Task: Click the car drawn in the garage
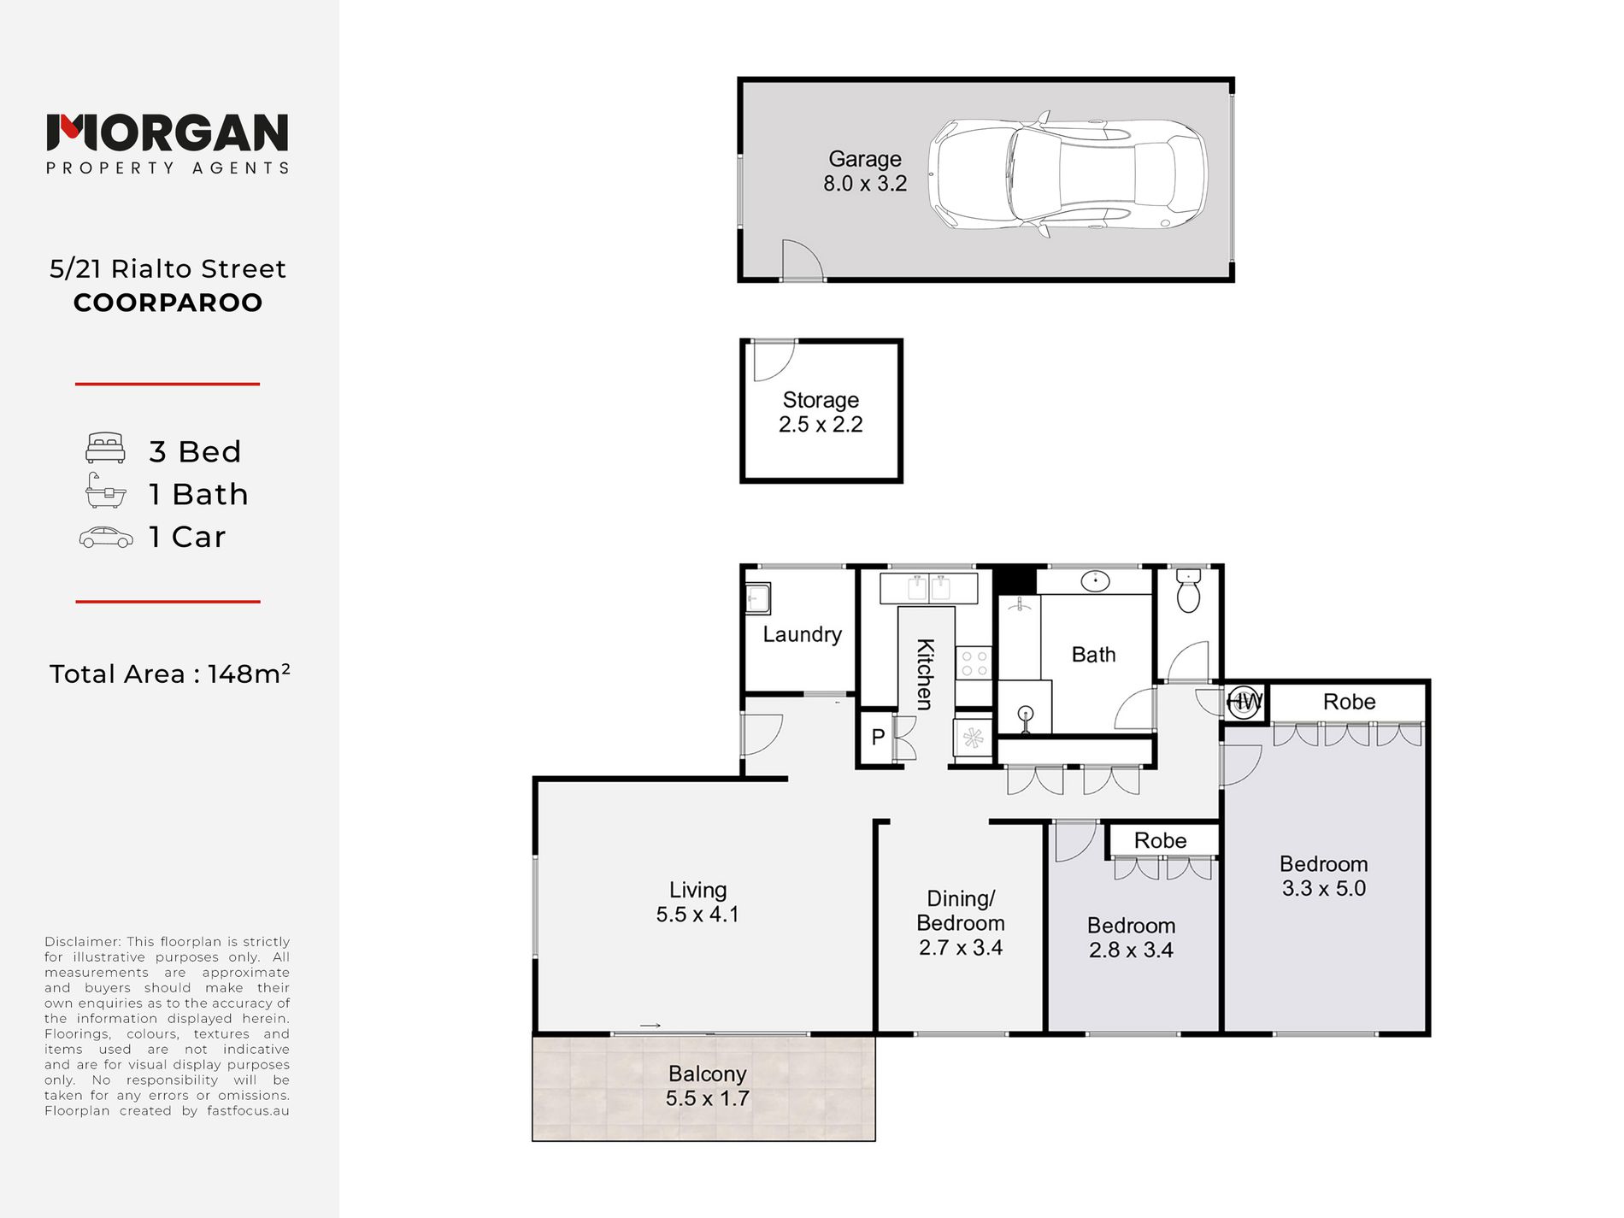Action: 1068,174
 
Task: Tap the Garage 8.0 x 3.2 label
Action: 865,171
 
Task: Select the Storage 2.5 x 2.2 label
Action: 821,412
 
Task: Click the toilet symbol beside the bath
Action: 1188,591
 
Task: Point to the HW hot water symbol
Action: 1244,703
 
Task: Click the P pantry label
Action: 878,737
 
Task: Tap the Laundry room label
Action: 802,634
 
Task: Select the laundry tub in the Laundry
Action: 757,598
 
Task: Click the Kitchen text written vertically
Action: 925,674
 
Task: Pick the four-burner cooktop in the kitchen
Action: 974,664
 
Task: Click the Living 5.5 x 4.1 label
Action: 697,902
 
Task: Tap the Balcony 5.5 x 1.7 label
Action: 708,1086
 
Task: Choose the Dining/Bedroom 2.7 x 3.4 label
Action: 961,923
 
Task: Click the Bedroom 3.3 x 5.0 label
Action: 1324,876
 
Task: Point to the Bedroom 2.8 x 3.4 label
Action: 1131,938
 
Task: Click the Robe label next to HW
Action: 1349,702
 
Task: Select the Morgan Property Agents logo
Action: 168,144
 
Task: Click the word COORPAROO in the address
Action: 168,303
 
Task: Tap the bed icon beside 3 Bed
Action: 106,448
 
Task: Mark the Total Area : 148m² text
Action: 169,674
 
